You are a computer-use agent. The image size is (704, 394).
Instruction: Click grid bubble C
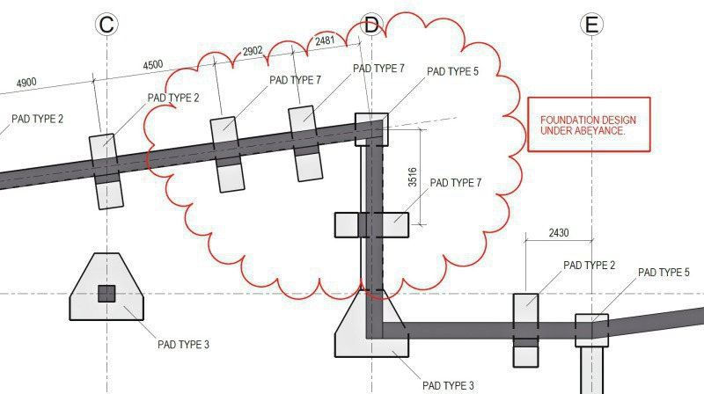[106, 25]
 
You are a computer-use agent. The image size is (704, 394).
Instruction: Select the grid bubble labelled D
[371, 25]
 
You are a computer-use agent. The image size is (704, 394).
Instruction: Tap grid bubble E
[591, 25]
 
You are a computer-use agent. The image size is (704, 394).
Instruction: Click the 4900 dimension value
[26, 83]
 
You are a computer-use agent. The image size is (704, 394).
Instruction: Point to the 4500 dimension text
[152, 64]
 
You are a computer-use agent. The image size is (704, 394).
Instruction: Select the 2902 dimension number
[253, 51]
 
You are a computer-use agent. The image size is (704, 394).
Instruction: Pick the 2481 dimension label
[325, 40]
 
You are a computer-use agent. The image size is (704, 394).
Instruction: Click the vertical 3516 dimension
[412, 177]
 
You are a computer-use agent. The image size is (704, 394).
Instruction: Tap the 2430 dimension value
[559, 232]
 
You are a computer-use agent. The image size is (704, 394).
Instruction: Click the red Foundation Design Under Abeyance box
[589, 124]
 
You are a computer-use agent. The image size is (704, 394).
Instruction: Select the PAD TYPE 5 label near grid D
[452, 71]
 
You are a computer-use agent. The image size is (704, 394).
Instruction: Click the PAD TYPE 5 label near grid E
[664, 273]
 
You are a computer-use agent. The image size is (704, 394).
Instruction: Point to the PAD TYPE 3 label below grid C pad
[183, 345]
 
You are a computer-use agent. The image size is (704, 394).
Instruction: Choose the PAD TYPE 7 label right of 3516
[456, 183]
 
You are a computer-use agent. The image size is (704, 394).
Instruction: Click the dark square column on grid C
[106, 294]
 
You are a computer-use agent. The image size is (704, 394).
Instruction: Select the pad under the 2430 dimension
[525, 331]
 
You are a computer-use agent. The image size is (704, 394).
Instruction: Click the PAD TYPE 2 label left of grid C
[37, 119]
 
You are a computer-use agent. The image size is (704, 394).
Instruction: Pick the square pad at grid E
[591, 331]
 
